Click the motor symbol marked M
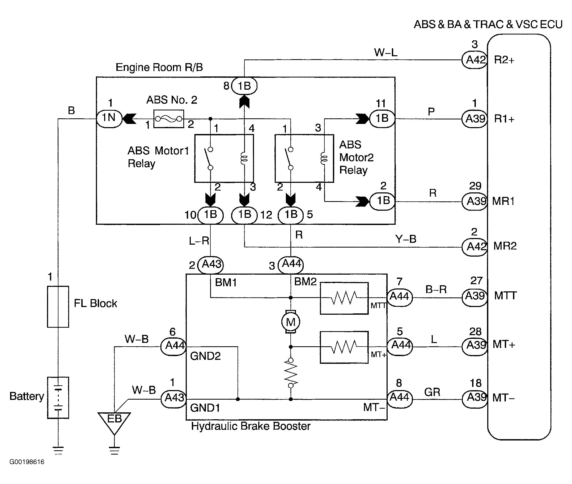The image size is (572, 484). [x=290, y=322]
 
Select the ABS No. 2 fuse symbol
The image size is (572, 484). [x=168, y=119]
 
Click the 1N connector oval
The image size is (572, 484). [x=109, y=119]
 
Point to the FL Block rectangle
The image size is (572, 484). [x=58, y=306]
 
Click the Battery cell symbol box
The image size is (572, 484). [x=58, y=397]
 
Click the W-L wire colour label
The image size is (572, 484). [x=385, y=52]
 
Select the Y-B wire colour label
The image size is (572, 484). [x=405, y=239]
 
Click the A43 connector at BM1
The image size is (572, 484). [x=210, y=265]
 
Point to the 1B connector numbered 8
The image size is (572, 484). [x=244, y=86]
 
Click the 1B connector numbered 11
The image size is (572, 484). [x=382, y=119]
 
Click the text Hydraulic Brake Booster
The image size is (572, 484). [x=251, y=426]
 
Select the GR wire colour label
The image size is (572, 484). [x=432, y=392]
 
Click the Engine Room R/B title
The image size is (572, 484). [x=159, y=67]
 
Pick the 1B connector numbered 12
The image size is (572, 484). [x=244, y=215]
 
